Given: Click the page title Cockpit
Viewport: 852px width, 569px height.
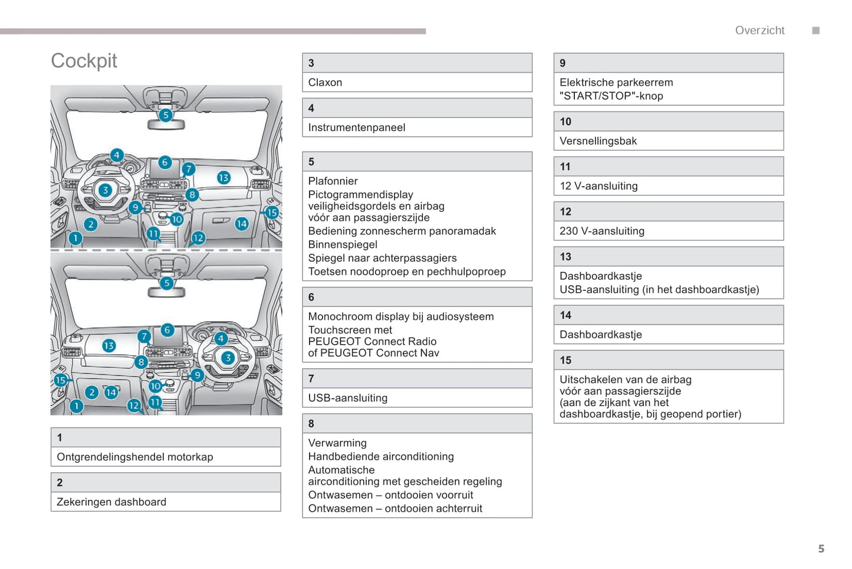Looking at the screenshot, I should point(84,61).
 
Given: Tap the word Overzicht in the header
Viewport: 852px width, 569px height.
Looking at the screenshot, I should point(759,30).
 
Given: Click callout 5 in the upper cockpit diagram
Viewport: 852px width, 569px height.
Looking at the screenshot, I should point(166,115).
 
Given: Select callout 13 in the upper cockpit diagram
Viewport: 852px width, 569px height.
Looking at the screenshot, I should point(223,178).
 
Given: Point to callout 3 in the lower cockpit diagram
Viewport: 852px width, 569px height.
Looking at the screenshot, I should point(228,358).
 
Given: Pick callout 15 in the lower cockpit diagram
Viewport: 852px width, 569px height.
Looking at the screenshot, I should point(61,380).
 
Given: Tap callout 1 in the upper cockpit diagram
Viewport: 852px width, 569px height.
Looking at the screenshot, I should point(75,238).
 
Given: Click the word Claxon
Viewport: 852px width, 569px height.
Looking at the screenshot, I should point(325,83).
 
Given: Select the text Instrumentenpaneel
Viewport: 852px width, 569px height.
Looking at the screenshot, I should point(356,127).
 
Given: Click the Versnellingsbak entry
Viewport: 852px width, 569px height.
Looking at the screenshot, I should point(598,141).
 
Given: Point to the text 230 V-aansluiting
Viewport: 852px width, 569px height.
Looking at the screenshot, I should point(601,231).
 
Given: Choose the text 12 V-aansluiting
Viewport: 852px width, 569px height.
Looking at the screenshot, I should point(598,186).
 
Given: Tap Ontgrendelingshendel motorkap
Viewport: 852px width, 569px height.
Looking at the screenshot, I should point(134,457).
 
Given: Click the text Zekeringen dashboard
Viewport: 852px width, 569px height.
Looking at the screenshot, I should point(111,502).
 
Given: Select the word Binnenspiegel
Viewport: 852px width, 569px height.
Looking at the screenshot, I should point(343,245).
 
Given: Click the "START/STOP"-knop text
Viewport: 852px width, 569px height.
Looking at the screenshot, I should point(611,96).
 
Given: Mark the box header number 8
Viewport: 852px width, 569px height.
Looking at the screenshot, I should point(311,424).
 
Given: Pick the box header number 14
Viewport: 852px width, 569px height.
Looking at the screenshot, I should point(565,315).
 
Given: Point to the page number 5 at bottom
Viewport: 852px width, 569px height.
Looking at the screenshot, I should point(821,549).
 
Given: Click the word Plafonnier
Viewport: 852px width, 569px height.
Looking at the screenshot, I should point(333,181).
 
